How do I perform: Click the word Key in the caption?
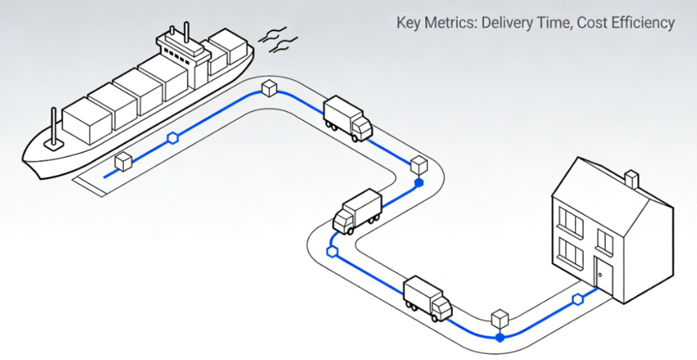click(410, 23)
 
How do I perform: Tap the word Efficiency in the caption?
click(641, 23)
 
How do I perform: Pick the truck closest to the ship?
click(347, 118)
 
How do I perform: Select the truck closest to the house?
click(427, 298)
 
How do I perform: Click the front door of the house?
click(602, 275)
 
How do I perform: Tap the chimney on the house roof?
click(632, 179)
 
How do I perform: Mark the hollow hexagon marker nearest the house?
click(578, 299)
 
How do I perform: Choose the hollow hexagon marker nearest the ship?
click(173, 139)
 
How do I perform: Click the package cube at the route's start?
click(123, 162)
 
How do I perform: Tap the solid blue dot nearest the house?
click(500, 337)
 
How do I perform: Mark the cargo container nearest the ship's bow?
click(86, 120)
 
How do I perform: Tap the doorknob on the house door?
click(599, 276)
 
